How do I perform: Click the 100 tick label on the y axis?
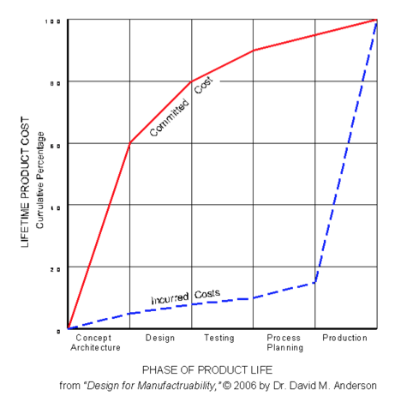click(53, 20)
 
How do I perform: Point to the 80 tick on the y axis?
click(55, 81)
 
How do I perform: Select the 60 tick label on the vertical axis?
click(55, 143)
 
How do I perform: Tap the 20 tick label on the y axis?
click(55, 267)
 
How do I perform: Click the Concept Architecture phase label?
click(93, 343)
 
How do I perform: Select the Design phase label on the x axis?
click(160, 338)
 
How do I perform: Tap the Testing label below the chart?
click(219, 338)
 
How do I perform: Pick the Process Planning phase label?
click(284, 343)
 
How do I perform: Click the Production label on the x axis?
click(344, 338)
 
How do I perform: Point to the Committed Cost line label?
click(181, 109)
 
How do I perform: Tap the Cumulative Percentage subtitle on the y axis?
click(39, 176)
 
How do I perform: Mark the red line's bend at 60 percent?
click(129, 143)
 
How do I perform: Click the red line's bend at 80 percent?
click(191, 81)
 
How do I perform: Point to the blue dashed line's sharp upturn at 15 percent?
click(315, 282)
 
